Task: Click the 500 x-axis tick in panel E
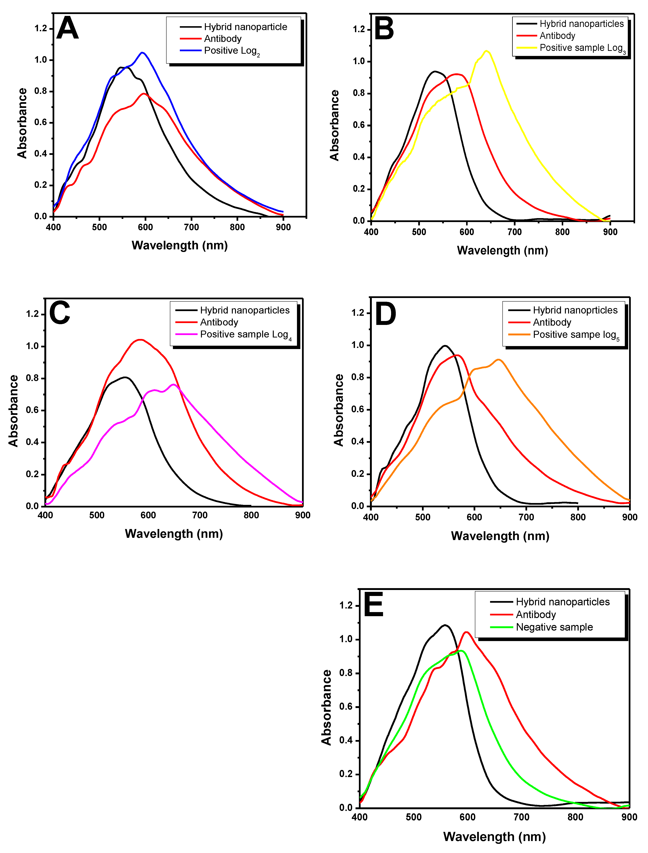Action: (x=414, y=817)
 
